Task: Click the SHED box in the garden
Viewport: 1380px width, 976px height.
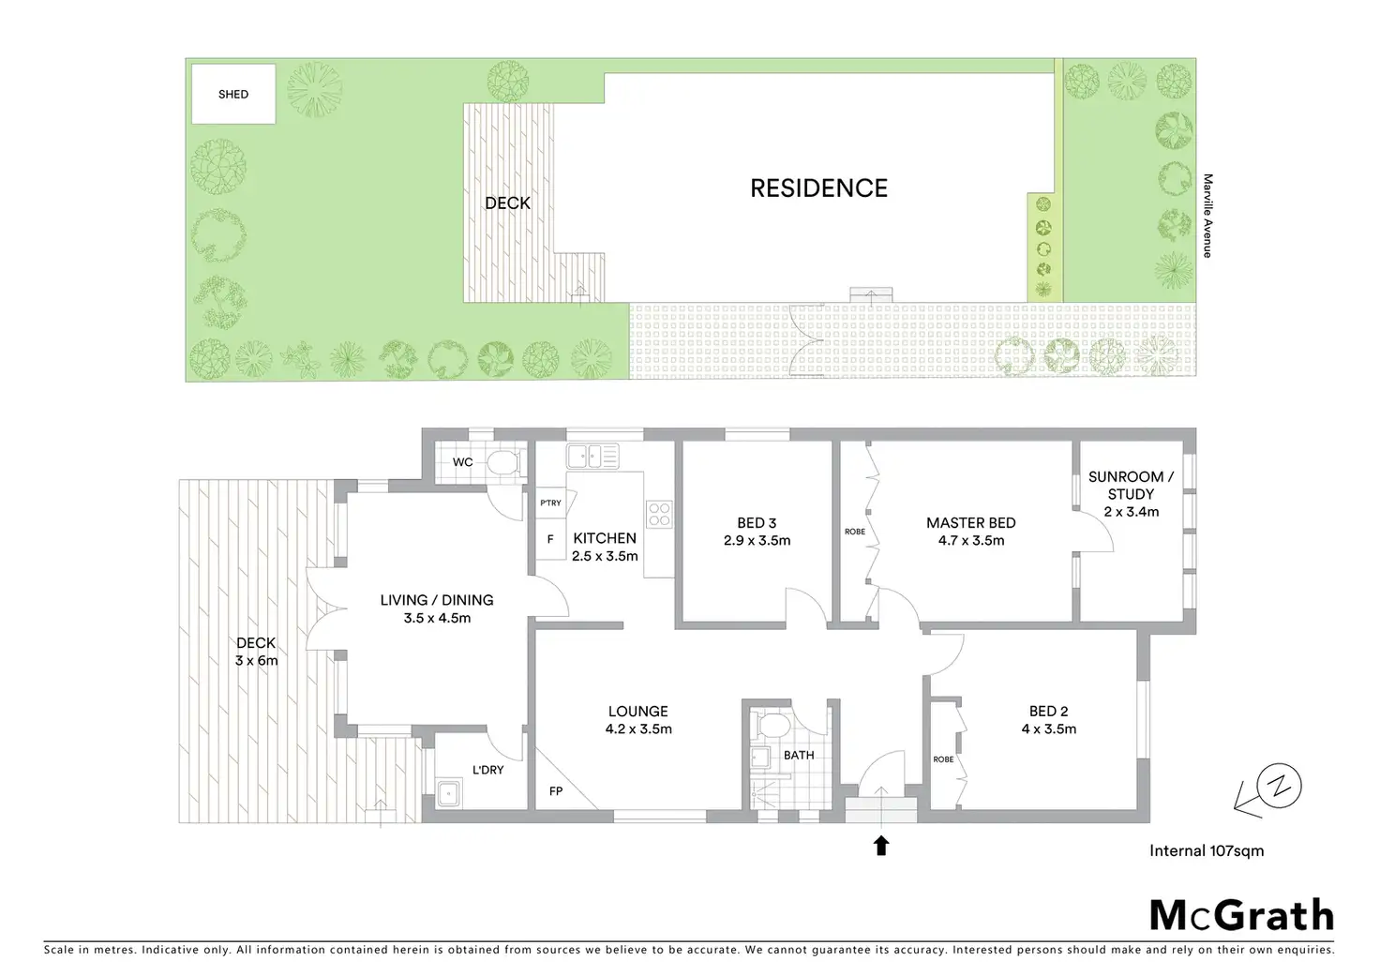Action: [x=233, y=94]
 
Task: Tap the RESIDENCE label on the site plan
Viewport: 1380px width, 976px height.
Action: [x=818, y=188]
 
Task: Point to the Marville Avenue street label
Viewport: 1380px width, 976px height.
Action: [x=1207, y=216]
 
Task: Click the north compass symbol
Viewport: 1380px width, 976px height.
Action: [x=1280, y=786]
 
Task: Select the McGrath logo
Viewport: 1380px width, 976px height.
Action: [x=1241, y=914]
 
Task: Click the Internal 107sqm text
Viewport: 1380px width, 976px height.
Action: [x=1207, y=851]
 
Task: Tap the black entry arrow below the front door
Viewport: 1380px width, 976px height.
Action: [x=880, y=846]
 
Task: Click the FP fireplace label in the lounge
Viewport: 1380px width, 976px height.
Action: [x=556, y=791]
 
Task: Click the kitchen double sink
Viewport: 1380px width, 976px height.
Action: [x=592, y=457]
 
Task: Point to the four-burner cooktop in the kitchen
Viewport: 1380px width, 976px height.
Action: [x=659, y=514]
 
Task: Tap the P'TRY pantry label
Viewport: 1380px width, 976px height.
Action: [x=550, y=503]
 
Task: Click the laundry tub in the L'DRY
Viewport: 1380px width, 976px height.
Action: [x=450, y=793]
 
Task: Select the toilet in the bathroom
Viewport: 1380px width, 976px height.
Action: [x=773, y=726]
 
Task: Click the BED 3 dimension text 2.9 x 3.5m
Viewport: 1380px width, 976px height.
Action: [x=757, y=541]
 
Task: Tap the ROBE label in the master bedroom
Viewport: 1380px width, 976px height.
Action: [x=855, y=532]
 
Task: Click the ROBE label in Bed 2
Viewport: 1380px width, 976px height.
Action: [x=943, y=759]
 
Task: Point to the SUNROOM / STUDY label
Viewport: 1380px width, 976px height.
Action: [x=1131, y=485]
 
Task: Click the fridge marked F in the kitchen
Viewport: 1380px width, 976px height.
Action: [x=550, y=539]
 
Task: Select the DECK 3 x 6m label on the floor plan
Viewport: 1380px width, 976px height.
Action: [x=256, y=652]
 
